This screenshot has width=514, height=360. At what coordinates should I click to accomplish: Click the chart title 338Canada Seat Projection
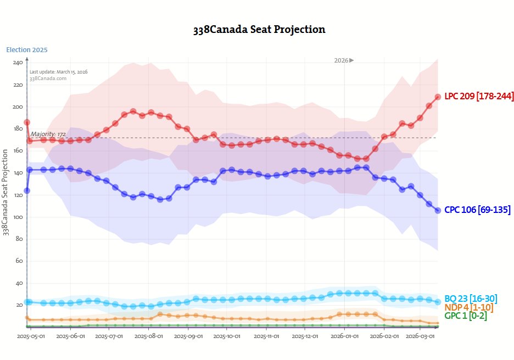(259, 30)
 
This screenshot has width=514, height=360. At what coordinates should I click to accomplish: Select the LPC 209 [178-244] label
(479, 96)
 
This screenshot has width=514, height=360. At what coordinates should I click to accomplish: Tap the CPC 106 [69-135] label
(477, 210)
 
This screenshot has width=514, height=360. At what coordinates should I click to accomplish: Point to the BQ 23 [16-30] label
(471, 299)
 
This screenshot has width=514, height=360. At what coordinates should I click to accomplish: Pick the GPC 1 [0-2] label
(466, 316)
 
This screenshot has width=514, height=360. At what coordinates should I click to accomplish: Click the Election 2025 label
(27, 50)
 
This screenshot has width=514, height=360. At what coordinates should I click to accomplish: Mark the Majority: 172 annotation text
(48, 134)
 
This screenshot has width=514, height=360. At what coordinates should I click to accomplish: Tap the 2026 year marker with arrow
(344, 60)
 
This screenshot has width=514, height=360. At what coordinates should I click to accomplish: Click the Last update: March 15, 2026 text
(58, 72)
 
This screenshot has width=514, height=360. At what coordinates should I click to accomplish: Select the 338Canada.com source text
(48, 78)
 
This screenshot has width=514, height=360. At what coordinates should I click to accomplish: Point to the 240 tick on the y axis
(18, 63)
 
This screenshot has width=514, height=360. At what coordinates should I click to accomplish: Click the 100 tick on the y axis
(18, 217)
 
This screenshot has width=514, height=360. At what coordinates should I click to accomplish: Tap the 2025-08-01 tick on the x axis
(148, 335)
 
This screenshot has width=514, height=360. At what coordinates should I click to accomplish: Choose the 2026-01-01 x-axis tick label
(344, 335)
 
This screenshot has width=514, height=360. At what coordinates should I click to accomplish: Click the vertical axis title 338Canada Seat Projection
(7, 192)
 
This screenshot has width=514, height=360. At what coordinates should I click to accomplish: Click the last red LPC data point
(438, 97)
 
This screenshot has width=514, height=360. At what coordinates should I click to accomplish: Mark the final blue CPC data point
(438, 210)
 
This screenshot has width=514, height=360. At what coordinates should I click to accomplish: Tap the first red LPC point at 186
(27, 122)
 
